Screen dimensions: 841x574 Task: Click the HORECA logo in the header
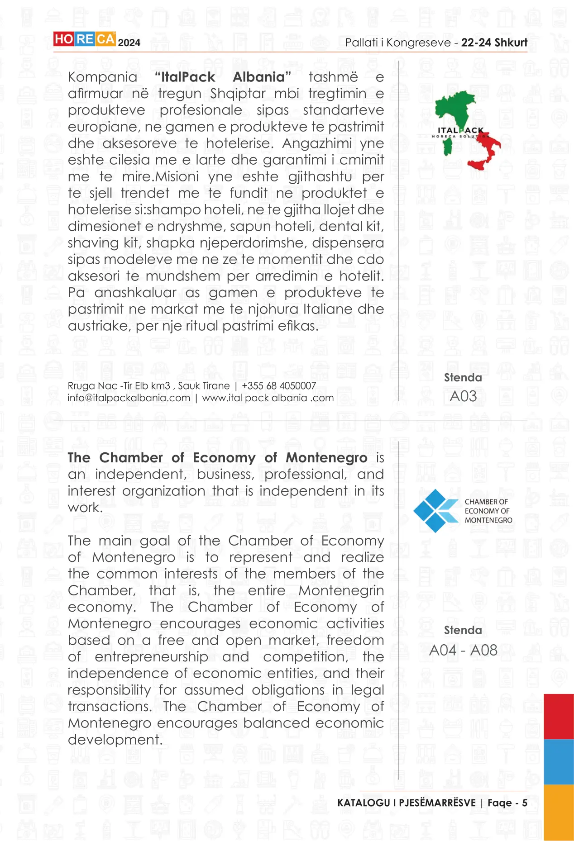pos(84,39)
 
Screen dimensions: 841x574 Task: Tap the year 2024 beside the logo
pos(129,43)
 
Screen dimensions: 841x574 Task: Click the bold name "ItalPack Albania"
pos(222,77)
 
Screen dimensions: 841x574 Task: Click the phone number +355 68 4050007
pos(279,386)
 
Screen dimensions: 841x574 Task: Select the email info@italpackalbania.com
pos(129,398)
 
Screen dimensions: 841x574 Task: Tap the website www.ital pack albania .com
pos(268,398)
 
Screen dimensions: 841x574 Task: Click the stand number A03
pos(463,396)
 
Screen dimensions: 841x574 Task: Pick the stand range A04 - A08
pos(463,650)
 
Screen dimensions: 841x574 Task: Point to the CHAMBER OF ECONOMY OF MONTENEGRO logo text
pos(488,511)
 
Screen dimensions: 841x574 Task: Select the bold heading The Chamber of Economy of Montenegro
pos(217,458)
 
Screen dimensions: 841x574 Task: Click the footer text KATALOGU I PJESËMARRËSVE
pos(407,803)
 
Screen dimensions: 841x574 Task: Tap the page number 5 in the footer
pos(525,803)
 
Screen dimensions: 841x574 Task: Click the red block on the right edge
pos(559,717)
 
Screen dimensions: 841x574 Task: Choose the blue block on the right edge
pos(559,762)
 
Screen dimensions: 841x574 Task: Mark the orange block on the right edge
pos(559,812)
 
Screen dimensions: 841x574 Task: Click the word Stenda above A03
pos(463,378)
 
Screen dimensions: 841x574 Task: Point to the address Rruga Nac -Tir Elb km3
pos(119,386)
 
